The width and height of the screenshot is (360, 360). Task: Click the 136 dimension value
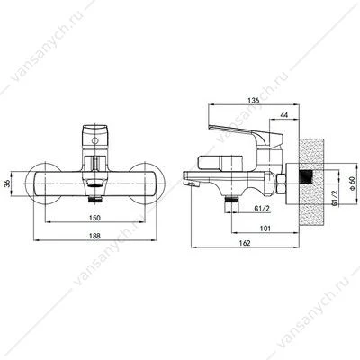254,101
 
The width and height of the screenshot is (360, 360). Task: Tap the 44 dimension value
284,115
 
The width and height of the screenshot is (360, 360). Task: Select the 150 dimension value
94,218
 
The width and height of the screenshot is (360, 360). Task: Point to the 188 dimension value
94,236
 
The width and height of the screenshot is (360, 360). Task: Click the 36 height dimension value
8,183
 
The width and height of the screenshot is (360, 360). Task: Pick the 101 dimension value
265,229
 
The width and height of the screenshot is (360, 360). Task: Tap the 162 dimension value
245,243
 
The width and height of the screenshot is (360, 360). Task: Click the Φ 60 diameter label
352,184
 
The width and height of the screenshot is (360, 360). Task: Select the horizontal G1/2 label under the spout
262,208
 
